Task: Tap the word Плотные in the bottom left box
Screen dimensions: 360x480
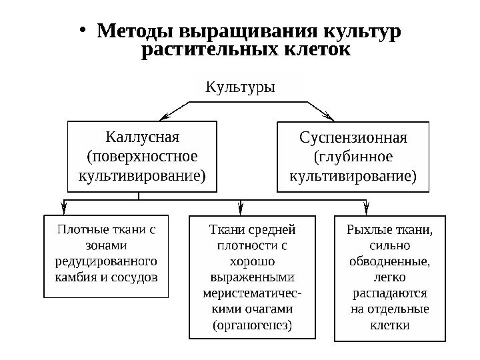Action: click(x=81, y=231)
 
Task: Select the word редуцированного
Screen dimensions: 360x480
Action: click(x=105, y=260)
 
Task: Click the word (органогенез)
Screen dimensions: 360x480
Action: click(x=251, y=326)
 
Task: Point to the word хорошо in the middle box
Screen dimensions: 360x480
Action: click(x=251, y=261)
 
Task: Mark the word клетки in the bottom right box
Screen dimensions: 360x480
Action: click(x=389, y=325)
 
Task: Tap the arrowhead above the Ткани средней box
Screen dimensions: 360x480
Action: click(x=240, y=208)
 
